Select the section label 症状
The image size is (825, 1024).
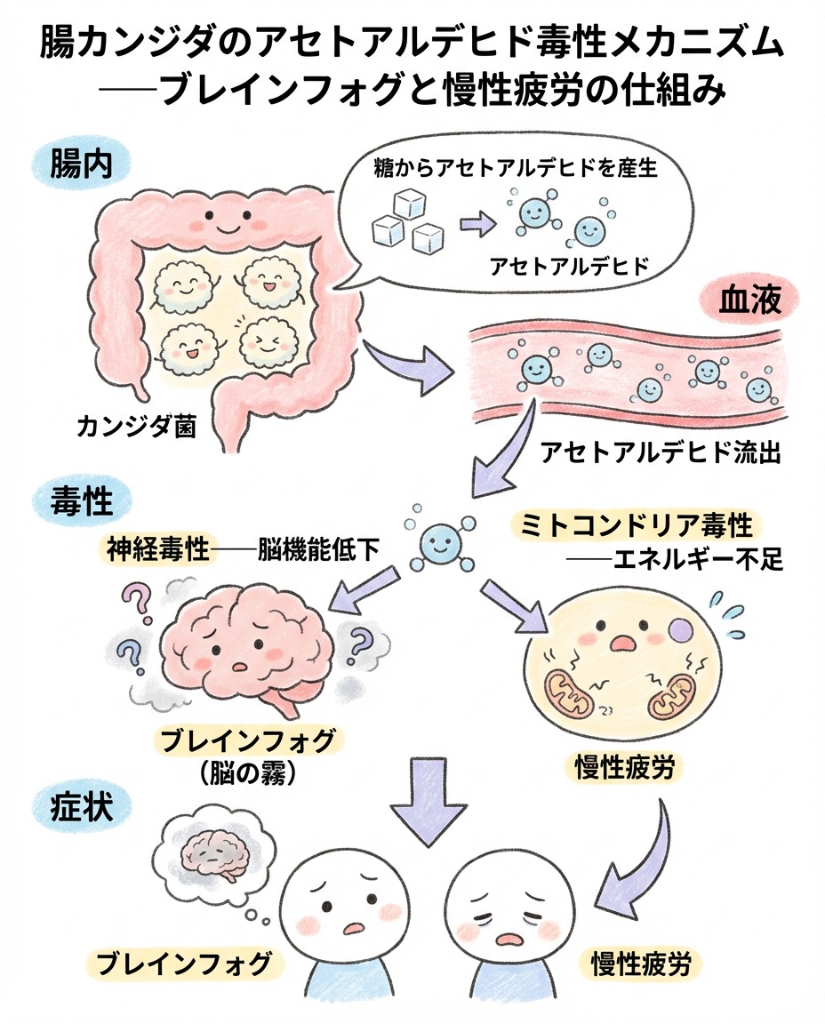(x=80, y=811)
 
